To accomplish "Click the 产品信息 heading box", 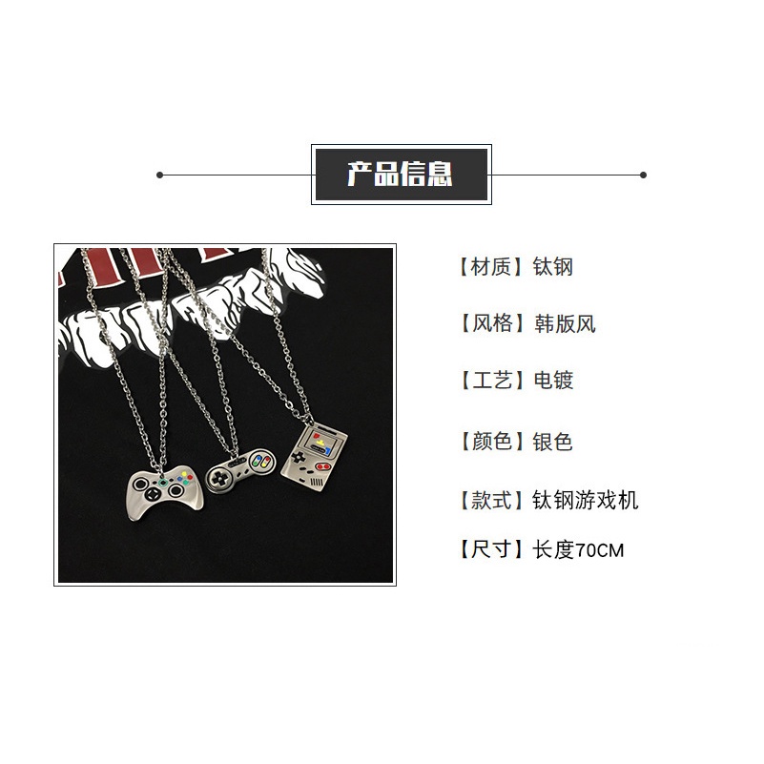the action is point(400,175).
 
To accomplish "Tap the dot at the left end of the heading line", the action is point(159,175).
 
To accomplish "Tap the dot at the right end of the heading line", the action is point(643,175).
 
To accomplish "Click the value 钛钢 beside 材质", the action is point(553,266).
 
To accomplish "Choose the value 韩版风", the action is point(564,323).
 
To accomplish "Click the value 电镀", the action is point(553,382).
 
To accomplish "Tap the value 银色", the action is point(553,441).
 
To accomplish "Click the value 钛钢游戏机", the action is point(585,500).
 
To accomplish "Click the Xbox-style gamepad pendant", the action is point(161,491).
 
